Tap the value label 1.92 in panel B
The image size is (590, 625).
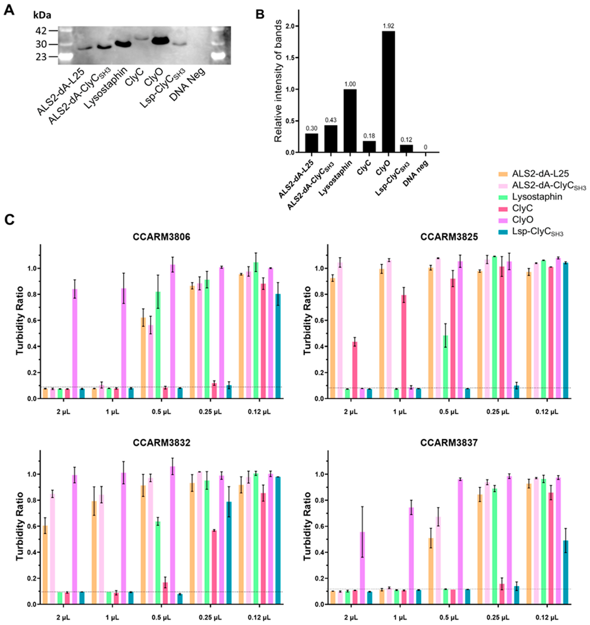click(388, 26)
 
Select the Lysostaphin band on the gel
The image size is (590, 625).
click(123, 44)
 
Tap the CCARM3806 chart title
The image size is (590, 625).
click(161, 237)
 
